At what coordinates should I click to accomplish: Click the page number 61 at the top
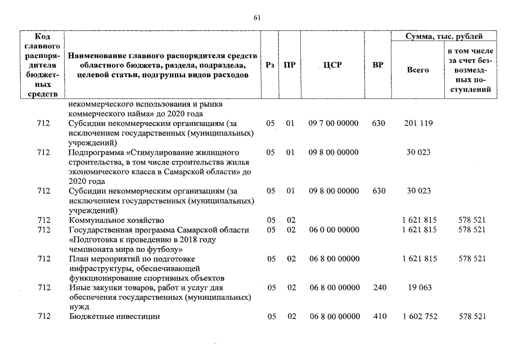click(257, 17)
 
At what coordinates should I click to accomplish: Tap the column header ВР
click(378, 65)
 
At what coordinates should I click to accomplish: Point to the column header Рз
click(270, 65)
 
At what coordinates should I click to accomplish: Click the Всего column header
click(417, 70)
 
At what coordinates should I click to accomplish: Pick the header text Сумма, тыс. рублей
click(444, 36)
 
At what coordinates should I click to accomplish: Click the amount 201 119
click(417, 123)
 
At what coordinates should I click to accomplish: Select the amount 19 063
click(417, 287)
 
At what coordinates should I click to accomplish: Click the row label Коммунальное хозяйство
click(116, 220)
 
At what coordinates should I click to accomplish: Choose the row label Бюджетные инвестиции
click(114, 317)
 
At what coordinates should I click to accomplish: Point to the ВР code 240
click(379, 287)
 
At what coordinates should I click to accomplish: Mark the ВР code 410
click(379, 317)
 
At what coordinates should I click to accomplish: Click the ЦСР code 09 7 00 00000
click(334, 123)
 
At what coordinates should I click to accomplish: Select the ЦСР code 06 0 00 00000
click(334, 229)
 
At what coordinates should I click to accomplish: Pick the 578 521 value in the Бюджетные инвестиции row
click(471, 317)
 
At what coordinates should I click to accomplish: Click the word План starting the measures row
click(78, 259)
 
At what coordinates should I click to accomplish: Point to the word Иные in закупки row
click(79, 287)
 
